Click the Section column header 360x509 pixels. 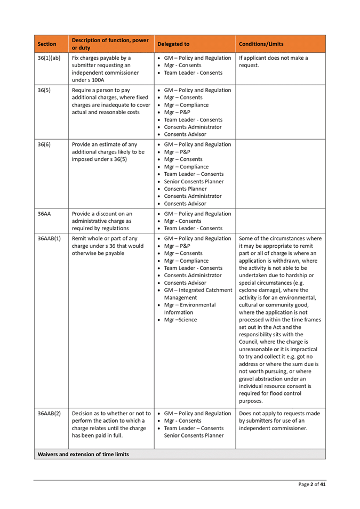pos(47,44)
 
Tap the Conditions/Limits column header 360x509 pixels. pos(261,44)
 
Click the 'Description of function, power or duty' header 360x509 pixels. pos(110,44)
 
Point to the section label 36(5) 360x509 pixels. pos(45,91)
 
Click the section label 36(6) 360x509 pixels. pos(45,145)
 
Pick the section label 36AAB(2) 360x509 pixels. pos(49,414)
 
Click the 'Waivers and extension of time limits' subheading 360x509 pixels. pos(83,454)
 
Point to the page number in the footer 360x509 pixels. pos(312,484)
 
